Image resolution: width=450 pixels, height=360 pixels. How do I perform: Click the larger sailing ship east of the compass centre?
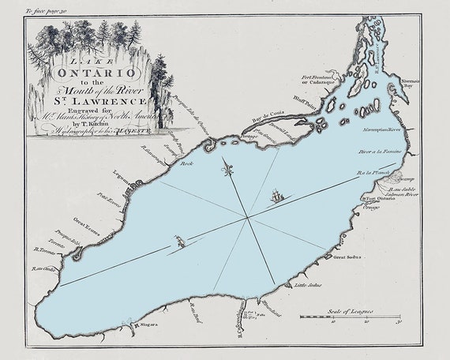pos(276,193)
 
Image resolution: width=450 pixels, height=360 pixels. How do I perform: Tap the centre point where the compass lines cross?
pos(247,216)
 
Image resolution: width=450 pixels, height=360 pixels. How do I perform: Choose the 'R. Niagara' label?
pos(149,324)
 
